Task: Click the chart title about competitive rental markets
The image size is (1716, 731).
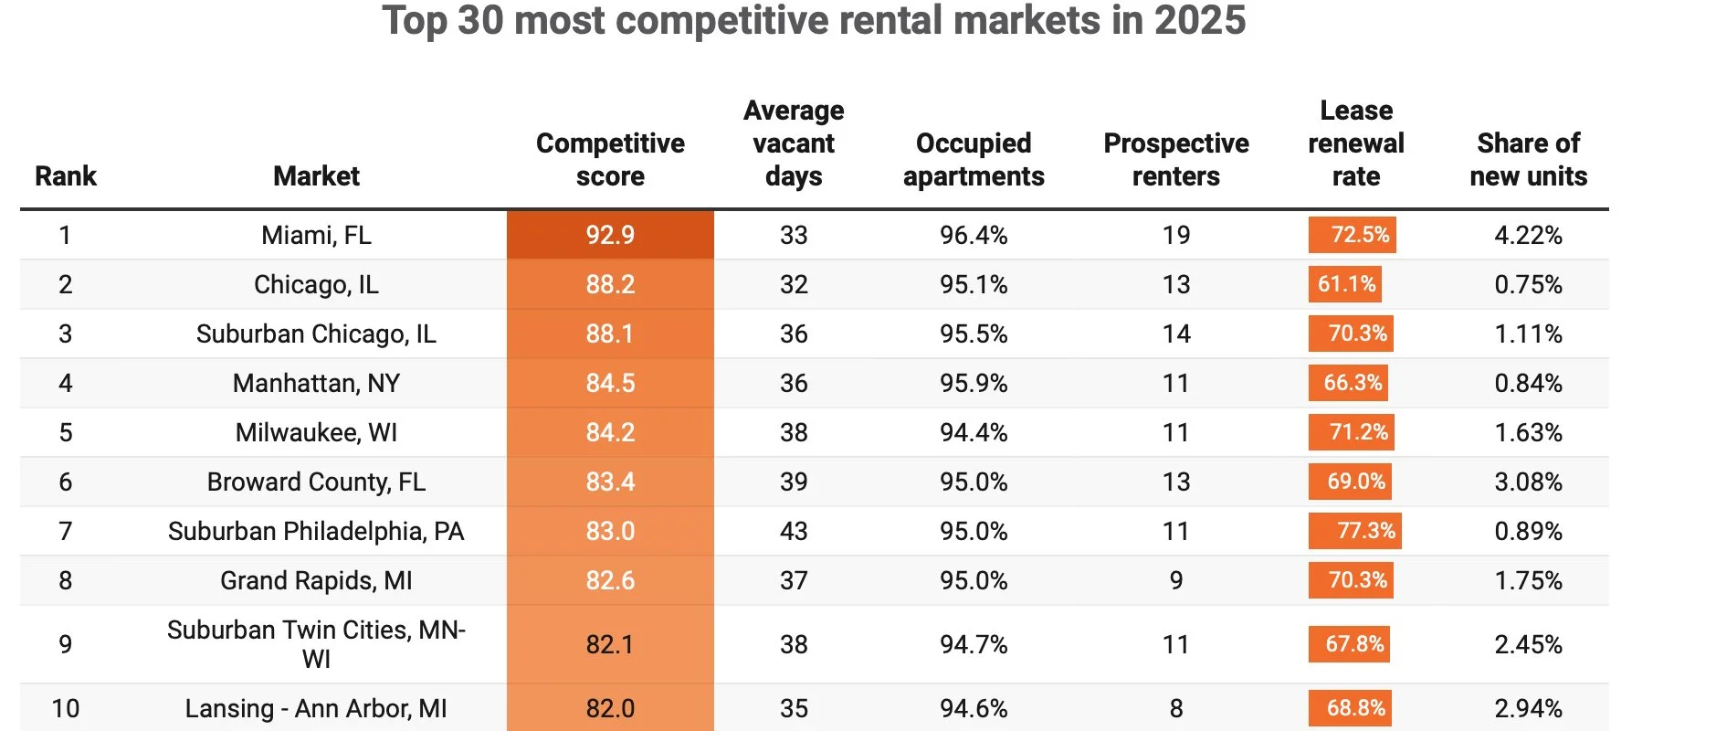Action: [x=814, y=20]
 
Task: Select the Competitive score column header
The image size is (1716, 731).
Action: [x=610, y=159]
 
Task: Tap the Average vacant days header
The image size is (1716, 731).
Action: [x=793, y=143]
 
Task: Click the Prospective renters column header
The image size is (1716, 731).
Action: [x=1175, y=159]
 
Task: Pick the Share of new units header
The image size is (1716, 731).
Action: [x=1528, y=159]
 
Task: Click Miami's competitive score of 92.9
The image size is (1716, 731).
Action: [x=610, y=235]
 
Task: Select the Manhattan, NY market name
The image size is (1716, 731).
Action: [x=316, y=383]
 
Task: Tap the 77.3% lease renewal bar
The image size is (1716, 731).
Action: [x=1354, y=531]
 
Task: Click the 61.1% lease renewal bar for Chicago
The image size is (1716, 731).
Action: [x=1344, y=284]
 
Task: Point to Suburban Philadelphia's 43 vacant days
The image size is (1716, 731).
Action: [x=793, y=531]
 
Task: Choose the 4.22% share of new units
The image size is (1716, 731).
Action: [x=1528, y=235]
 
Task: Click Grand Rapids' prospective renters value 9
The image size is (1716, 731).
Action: [x=1175, y=580]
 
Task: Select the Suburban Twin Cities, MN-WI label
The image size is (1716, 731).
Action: [x=316, y=644]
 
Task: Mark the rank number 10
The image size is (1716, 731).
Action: [x=65, y=708]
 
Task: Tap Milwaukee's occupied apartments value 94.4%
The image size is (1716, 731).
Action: [x=973, y=432]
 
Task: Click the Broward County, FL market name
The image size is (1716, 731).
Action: [x=316, y=482]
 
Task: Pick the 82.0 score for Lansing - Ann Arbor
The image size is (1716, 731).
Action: [x=610, y=708]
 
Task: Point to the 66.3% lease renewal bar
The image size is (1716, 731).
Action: [x=1348, y=383]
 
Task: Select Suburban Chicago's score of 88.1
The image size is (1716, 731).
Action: [x=610, y=334]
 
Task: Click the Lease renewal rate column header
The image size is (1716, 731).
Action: [x=1355, y=143]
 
